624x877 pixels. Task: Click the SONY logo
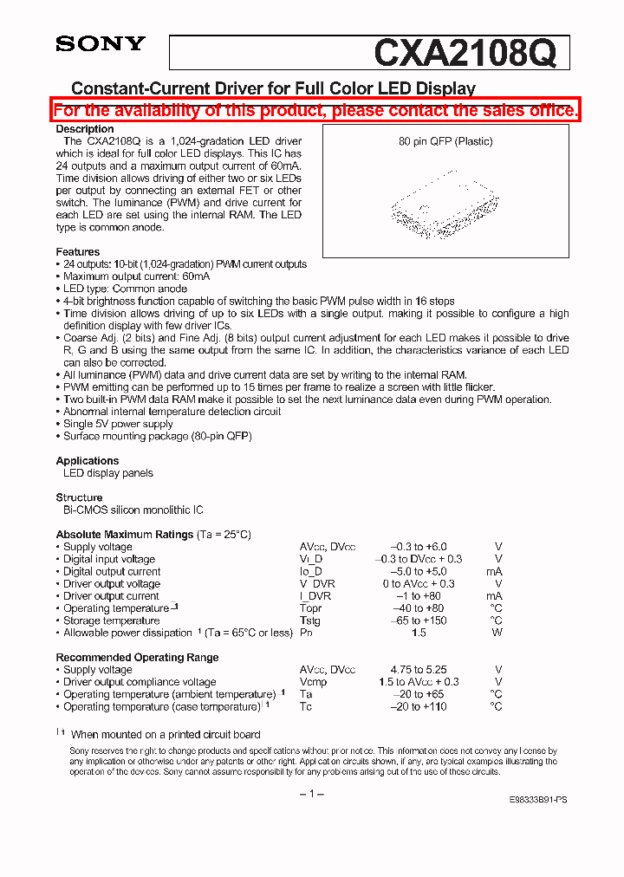(101, 44)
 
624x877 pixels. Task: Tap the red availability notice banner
(315, 110)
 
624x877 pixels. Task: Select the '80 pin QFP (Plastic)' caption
(445, 141)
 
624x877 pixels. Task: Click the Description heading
(85, 129)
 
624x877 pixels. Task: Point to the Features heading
(78, 252)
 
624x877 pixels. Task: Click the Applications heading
(88, 461)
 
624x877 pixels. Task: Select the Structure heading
(80, 497)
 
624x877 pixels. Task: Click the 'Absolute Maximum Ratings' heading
(125, 535)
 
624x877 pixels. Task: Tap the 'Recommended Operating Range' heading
(137, 658)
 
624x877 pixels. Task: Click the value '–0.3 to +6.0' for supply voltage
(419, 547)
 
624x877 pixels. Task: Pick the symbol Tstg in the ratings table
(310, 620)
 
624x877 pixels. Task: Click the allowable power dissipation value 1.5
(419, 633)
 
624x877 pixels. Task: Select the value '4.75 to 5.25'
(419, 670)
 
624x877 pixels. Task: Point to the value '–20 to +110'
(419, 706)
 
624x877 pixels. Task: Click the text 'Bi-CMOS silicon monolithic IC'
(133, 510)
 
